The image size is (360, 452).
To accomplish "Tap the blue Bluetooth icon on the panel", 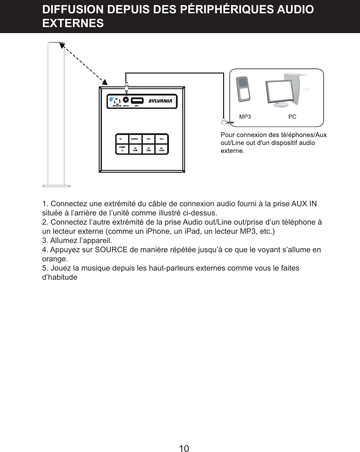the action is [x=112, y=99].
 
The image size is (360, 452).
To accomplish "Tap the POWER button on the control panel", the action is [x=122, y=149].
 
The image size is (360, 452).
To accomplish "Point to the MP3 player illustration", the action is [x=243, y=88].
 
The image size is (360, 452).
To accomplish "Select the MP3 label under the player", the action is [x=246, y=117].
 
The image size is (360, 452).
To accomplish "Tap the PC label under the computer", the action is [x=292, y=117].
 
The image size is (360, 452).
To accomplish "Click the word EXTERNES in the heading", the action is [x=73, y=23].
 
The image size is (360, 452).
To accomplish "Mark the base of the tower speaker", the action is [x=56, y=186].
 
